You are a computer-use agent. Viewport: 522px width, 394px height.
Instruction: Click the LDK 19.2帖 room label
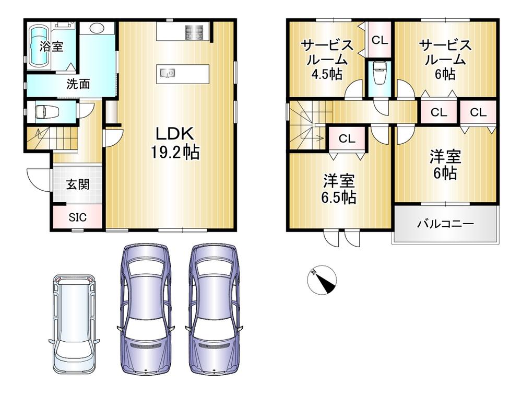tap(175, 143)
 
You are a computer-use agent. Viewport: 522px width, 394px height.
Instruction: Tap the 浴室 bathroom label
tap(51, 47)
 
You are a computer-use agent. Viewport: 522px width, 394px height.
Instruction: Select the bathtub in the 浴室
tap(40, 47)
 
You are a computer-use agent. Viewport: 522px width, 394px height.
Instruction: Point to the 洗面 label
tap(78, 84)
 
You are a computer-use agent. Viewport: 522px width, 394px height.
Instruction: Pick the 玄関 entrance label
tap(78, 184)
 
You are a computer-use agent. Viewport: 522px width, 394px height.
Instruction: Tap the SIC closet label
tap(78, 217)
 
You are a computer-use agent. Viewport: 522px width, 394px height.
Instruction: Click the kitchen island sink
tap(168, 73)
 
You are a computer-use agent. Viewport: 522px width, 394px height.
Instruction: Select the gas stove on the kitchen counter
tap(194, 32)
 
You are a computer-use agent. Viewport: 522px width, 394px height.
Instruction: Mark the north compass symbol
tap(322, 280)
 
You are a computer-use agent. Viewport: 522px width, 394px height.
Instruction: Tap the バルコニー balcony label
tap(445, 224)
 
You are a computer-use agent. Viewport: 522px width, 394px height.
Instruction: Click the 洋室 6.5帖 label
tap(339, 189)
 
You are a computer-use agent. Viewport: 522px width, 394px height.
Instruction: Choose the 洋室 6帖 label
tap(445, 165)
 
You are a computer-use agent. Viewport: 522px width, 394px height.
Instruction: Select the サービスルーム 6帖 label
tap(445, 60)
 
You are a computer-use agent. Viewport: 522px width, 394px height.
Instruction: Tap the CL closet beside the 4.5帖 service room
tap(379, 40)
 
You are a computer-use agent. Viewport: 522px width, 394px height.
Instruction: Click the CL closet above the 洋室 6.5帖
tap(347, 138)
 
